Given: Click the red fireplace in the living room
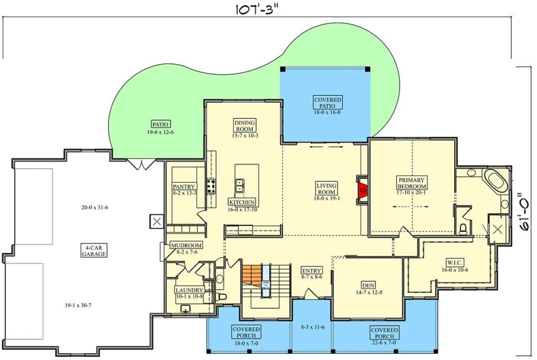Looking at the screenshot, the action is (x=362, y=190).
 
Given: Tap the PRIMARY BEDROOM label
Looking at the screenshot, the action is (x=412, y=183).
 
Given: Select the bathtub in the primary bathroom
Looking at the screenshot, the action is (x=496, y=181).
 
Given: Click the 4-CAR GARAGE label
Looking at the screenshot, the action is (x=94, y=251).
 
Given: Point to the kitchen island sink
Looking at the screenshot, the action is (x=239, y=185).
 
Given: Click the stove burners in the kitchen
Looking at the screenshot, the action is (x=211, y=186).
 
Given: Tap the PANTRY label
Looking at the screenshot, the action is (x=184, y=187).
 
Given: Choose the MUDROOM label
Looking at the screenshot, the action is (x=186, y=245).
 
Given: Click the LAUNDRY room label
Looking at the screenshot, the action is (x=189, y=290).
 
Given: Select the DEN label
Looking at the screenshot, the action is (x=368, y=285).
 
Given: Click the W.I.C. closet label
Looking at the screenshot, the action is (x=455, y=263).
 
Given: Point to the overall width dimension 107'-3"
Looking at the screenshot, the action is (x=256, y=9).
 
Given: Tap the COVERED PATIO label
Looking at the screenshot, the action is (x=328, y=103).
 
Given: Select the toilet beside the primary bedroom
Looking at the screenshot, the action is (x=463, y=228).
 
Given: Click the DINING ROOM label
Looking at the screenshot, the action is (x=245, y=126).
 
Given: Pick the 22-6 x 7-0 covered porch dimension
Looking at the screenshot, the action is (x=384, y=343).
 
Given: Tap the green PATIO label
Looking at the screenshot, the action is (x=160, y=125).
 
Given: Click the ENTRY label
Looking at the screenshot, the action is (x=312, y=271).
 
